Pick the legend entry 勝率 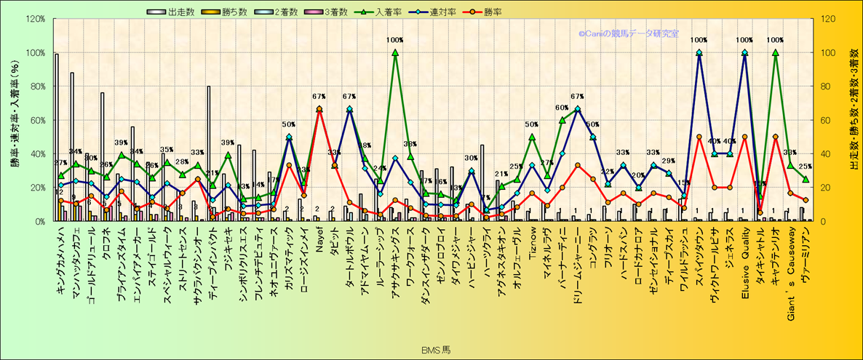pyautogui.click(x=492, y=12)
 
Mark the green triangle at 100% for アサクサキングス pyautogui.click(x=395, y=52)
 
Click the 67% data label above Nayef pyautogui.click(x=319, y=97)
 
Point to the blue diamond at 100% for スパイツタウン pyautogui.click(x=699, y=52)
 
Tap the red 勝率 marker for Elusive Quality pyautogui.click(x=744, y=137)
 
